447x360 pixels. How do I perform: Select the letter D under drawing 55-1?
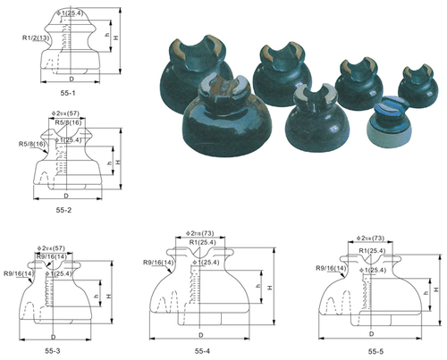click(70, 79)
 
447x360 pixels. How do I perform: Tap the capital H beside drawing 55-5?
click(436, 290)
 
